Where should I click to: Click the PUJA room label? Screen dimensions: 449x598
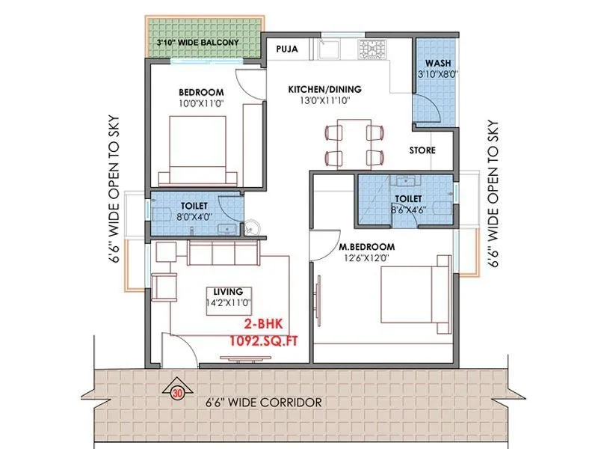tap(287, 49)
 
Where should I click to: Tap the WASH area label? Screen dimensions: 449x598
tap(437, 63)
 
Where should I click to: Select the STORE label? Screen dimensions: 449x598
tap(422, 150)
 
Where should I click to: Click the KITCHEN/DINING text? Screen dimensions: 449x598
tap(324, 89)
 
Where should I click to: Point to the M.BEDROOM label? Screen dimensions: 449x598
tap(366, 246)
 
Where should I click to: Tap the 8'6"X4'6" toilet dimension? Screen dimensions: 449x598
tap(408, 210)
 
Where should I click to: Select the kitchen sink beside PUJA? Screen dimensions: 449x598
tap(329, 50)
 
